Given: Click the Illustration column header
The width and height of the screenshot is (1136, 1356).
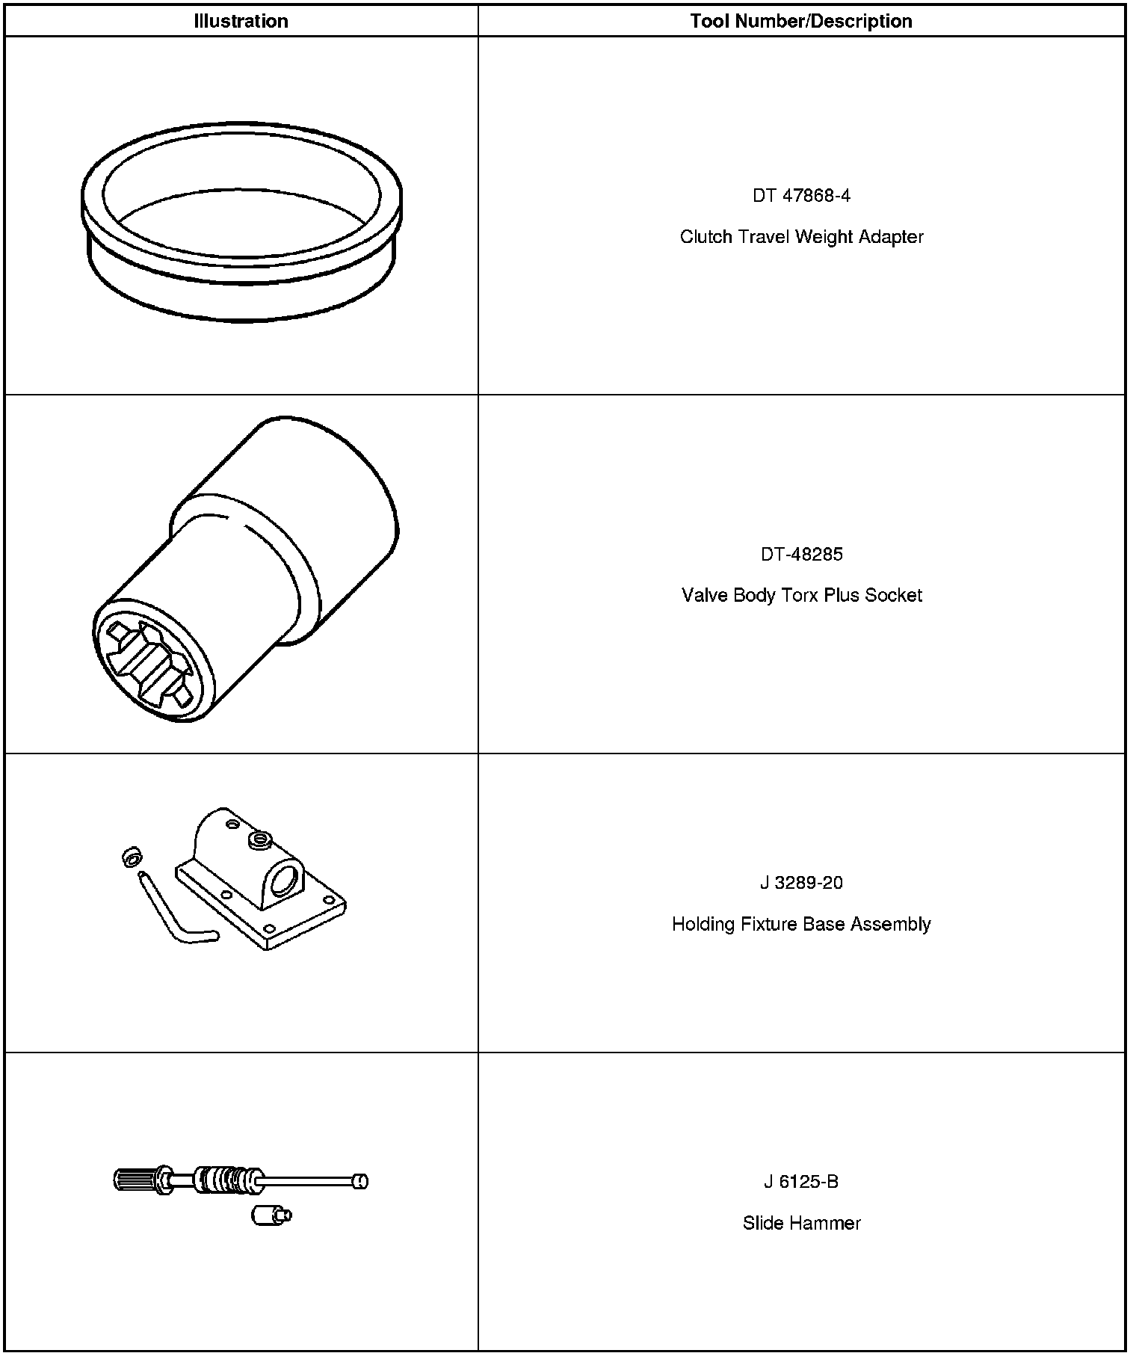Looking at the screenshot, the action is point(241,21).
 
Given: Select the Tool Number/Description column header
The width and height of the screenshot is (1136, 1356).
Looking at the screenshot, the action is point(801,21).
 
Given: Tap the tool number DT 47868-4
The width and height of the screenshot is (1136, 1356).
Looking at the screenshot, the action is point(801,196).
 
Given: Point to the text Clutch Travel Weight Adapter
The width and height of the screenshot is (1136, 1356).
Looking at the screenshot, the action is point(801,237).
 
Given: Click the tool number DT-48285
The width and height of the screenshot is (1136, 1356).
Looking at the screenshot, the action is point(801,555).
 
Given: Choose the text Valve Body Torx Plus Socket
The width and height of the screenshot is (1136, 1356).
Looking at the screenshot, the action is point(801,596).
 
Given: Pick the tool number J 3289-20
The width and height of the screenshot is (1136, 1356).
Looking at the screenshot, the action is point(801,883).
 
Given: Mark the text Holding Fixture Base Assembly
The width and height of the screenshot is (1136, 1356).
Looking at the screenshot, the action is point(801,925).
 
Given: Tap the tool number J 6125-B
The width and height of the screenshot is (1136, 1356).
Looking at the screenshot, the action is point(801,1182).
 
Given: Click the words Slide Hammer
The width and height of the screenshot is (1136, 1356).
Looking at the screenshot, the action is point(801,1224).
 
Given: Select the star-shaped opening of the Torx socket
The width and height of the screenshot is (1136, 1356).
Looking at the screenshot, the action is point(149,662).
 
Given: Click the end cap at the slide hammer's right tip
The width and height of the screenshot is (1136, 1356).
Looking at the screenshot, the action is point(360,1181).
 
